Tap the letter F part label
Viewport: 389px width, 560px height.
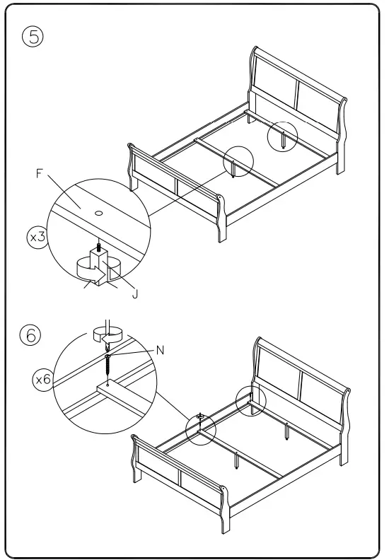coord(40,173)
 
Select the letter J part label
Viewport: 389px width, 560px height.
coord(135,293)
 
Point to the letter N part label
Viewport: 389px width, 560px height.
coord(161,349)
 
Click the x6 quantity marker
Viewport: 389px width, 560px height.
coord(43,380)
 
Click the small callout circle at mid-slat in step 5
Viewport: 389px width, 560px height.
coord(238,162)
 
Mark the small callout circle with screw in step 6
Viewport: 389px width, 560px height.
coord(201,428)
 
